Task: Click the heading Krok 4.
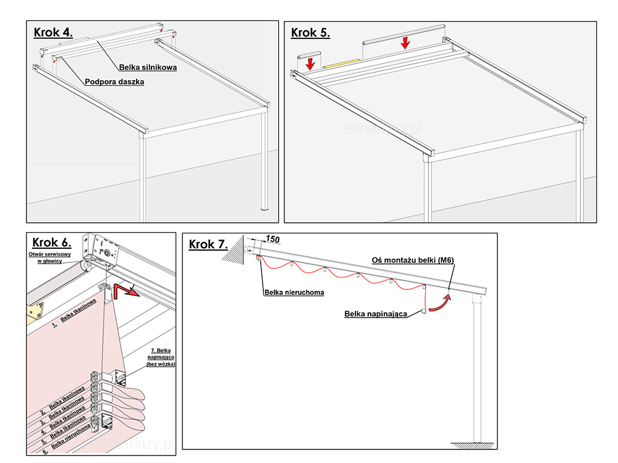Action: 53,33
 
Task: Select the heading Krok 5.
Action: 310,33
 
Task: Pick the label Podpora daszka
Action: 114,81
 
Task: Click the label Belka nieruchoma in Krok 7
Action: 294,293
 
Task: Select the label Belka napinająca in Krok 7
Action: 375,314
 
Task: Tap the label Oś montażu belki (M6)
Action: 413,261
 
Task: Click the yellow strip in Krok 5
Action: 341,62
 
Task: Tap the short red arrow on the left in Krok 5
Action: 310,63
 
